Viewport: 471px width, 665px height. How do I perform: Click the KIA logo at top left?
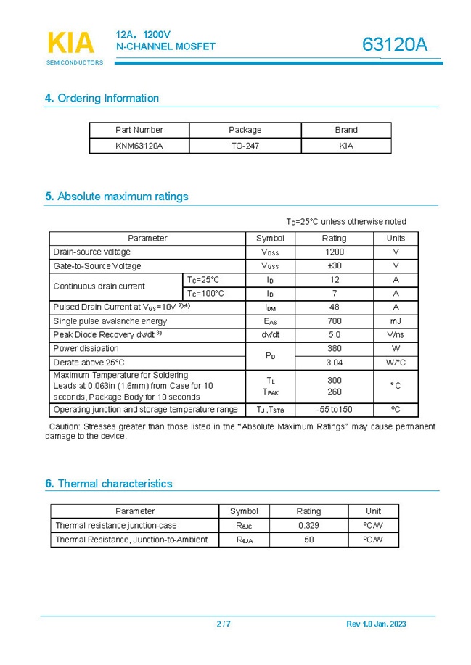point(71,44)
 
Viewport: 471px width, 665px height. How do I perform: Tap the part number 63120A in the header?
point(395,45)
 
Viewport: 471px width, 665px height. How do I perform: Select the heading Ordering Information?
point(102,98)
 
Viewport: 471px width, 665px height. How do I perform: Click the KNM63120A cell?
point(139,146)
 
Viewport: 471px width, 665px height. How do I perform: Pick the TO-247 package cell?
point(245,146)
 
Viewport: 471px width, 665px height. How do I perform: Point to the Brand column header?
point(346,130)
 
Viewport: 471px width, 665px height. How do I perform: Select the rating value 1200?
point(335,252)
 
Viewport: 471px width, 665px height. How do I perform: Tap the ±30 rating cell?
point(335,265)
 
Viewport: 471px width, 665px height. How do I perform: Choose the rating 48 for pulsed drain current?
point(335,307)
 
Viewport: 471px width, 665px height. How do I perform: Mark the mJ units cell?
point(396,321)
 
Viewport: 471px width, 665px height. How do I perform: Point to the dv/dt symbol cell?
point(271,335)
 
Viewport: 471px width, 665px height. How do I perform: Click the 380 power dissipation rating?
point(335,349)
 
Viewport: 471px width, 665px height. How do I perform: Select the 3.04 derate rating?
point(335,363)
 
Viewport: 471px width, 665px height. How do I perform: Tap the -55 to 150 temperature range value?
point(335,410)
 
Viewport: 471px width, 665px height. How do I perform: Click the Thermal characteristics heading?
point(109,484)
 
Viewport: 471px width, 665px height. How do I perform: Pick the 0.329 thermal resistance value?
point(308,525)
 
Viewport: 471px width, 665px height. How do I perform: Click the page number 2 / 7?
point(224,624)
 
